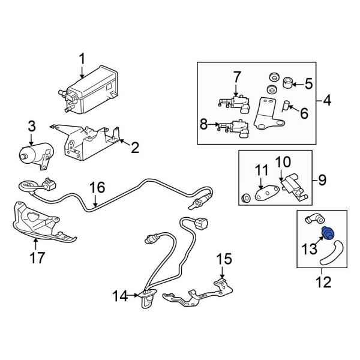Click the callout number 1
pos(83,59)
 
